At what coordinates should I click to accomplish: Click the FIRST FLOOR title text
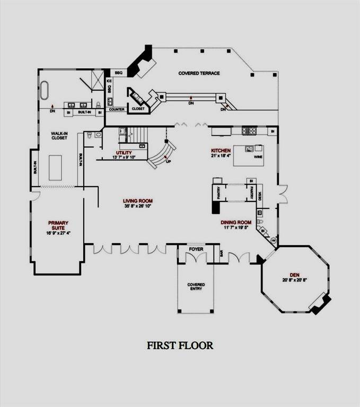click(180, 346)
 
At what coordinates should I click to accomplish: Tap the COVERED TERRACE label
click(199, 73)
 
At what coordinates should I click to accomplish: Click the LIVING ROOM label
click(138, 201)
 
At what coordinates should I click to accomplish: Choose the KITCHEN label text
click(221, 151)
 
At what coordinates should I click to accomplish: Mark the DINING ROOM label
click(236, 223)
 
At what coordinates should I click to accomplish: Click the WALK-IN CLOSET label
click(59, 135)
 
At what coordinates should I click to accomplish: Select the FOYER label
click(196, 248)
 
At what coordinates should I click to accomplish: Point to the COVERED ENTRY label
click(196, 287)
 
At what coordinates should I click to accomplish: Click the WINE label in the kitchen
click(259, 157)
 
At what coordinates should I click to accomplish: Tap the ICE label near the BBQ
click(109, 82)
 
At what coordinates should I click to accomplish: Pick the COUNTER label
click(117, 110)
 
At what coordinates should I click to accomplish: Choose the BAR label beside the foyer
click(221, 253)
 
